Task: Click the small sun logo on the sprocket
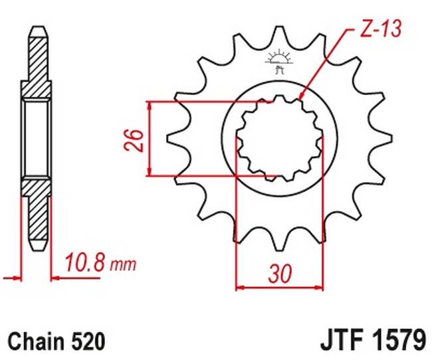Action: [x=279, y=59]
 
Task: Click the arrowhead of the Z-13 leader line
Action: [x=302, y=98]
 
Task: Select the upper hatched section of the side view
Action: [x=37, y=63]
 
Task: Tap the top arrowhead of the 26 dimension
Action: [x=152, y=106]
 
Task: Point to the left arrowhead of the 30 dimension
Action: [x=241, y=288]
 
